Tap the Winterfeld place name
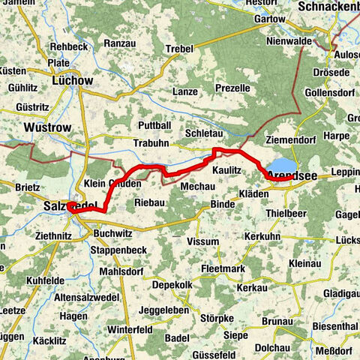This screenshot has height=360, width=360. click(129, 328)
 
